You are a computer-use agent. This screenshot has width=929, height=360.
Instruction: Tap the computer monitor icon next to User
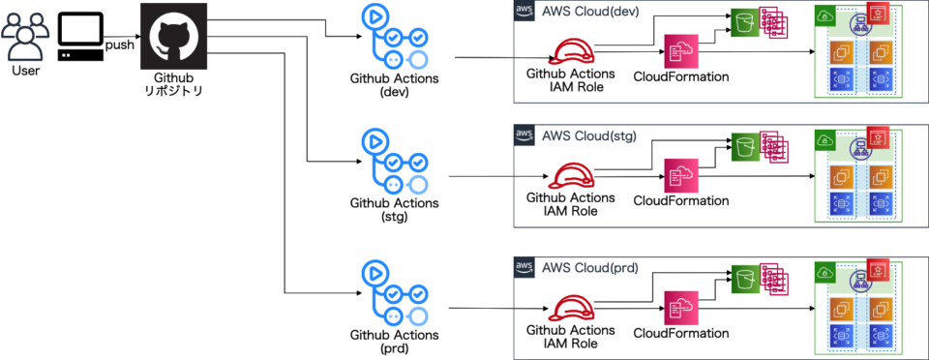click(x=79, y=37)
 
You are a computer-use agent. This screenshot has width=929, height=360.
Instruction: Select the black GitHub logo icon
click(x=173, y=35)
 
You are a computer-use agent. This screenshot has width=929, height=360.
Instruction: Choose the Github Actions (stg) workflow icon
click(x=393, y=162)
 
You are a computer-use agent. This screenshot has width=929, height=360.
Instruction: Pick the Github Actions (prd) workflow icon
click(x=393, y=292)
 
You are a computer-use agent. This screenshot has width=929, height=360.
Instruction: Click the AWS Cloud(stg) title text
click(x=587, y=136)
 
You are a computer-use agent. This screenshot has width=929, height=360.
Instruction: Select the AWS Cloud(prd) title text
click(x=587, y=267)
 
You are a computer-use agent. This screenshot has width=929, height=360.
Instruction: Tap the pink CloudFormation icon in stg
click(x=680, y=176)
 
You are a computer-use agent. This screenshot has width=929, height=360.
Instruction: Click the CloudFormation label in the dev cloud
click(x=680, y=76)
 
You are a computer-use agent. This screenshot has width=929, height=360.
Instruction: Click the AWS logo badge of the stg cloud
click(x=524, y=136)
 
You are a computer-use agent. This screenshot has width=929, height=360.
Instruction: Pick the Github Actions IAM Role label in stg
click(x=570, y=204)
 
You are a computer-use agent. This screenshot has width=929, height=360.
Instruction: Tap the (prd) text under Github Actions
click(x=394, y=347)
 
